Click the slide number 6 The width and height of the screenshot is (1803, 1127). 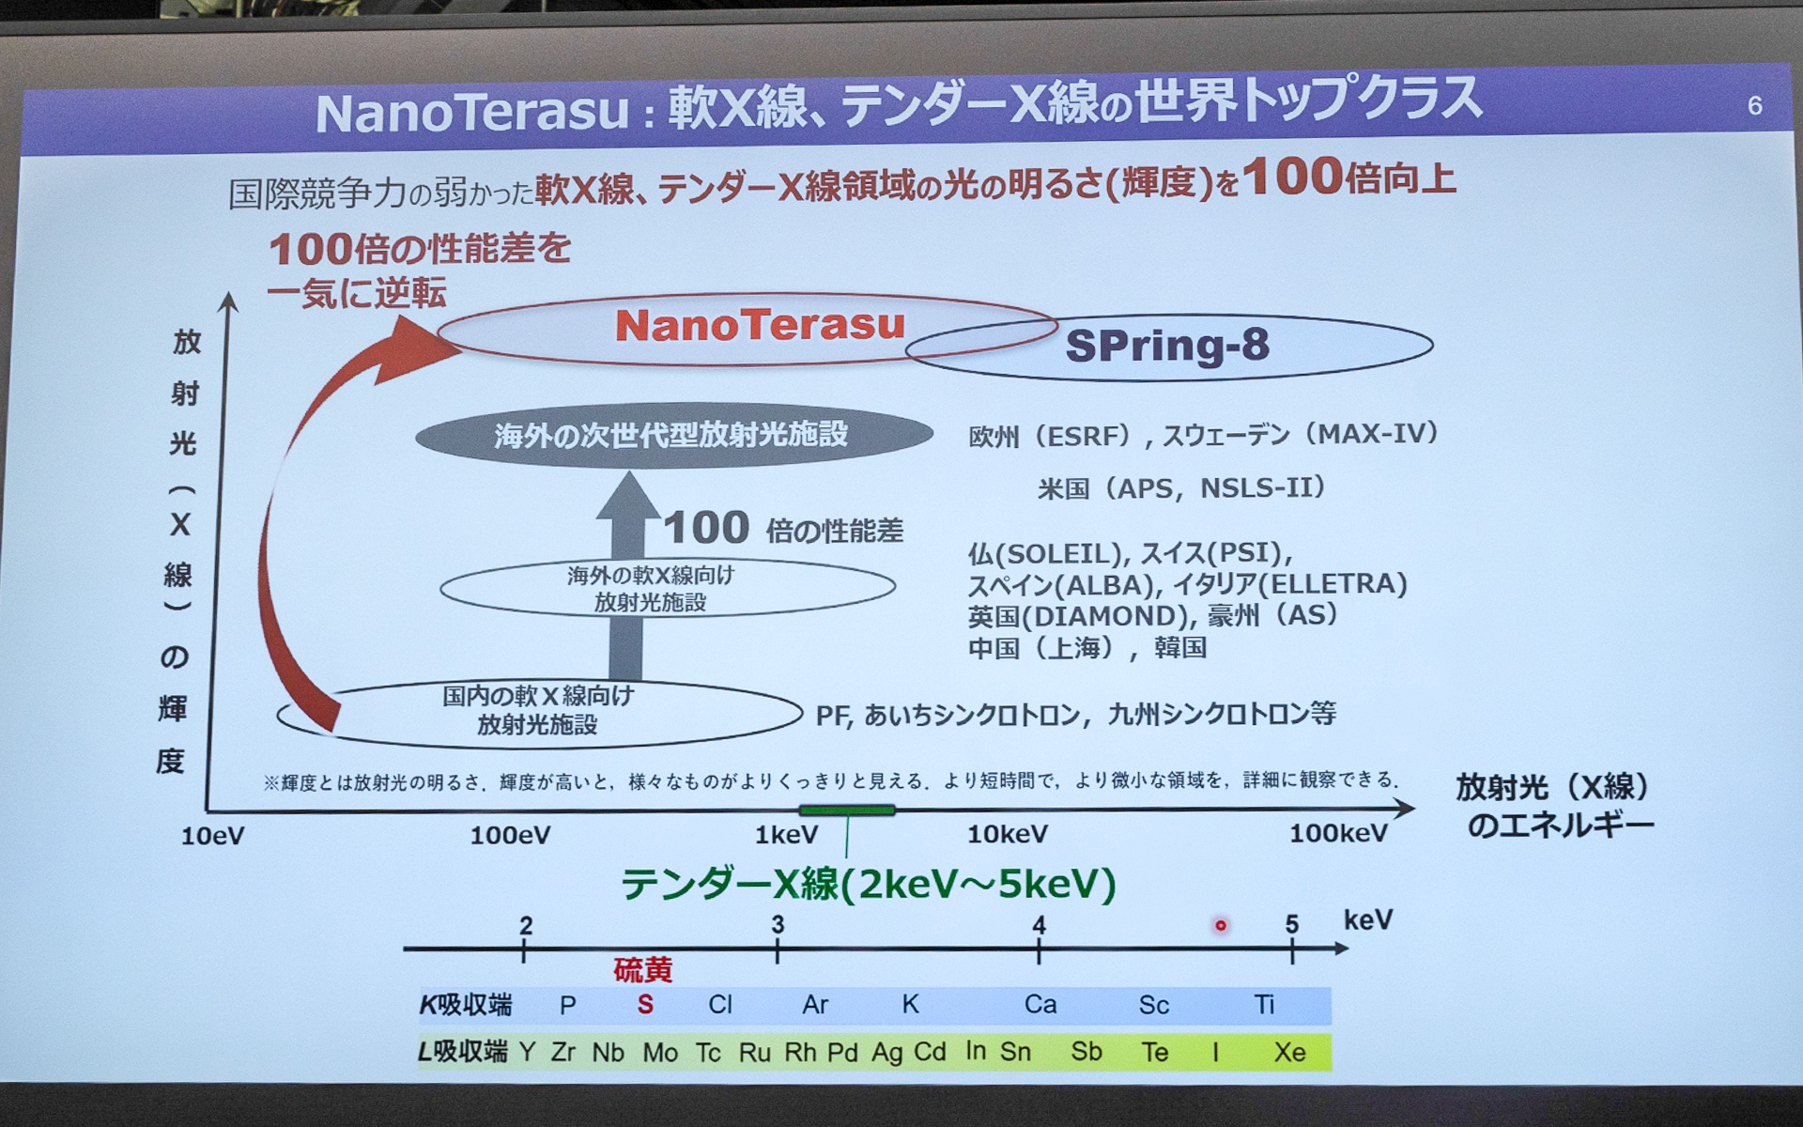tap(1754, 105)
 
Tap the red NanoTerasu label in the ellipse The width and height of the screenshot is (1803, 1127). tap(760, 325)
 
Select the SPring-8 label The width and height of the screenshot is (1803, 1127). tap(1167, 346)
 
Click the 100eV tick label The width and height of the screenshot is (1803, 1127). tap(510, 835)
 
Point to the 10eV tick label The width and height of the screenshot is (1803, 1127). tap(212, 836)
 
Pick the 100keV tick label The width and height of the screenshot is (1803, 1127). tap(1337, 833)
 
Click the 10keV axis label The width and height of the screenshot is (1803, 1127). tap(1008, 834)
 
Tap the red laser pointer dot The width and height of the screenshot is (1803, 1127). tap(1221, 925)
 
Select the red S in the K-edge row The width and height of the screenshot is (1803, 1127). tap(645, 1005)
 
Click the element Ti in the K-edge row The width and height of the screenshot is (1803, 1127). tap(1264, 1005)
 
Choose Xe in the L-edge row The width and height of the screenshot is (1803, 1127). tap(1289, 1052)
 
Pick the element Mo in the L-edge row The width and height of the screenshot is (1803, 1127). tap(660, 1053)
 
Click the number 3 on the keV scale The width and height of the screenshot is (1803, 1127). tap(778, 925)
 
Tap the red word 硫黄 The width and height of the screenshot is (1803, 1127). tap(643, 970)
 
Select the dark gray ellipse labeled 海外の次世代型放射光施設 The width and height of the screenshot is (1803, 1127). tap(672, 435)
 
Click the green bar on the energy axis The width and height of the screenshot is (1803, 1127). tap(846, 810)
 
